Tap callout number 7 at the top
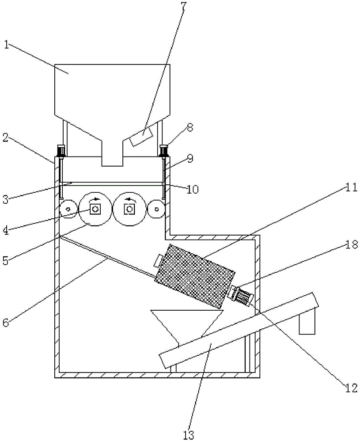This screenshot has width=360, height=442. tap(184, 7)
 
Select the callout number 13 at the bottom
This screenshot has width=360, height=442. tap(189, 434)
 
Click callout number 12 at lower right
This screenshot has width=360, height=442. tap(351, 388)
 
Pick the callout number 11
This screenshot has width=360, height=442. tap(351, 187)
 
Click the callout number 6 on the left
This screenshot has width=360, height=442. tap(6, 322)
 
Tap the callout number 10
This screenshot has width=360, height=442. tap(193, 189)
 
